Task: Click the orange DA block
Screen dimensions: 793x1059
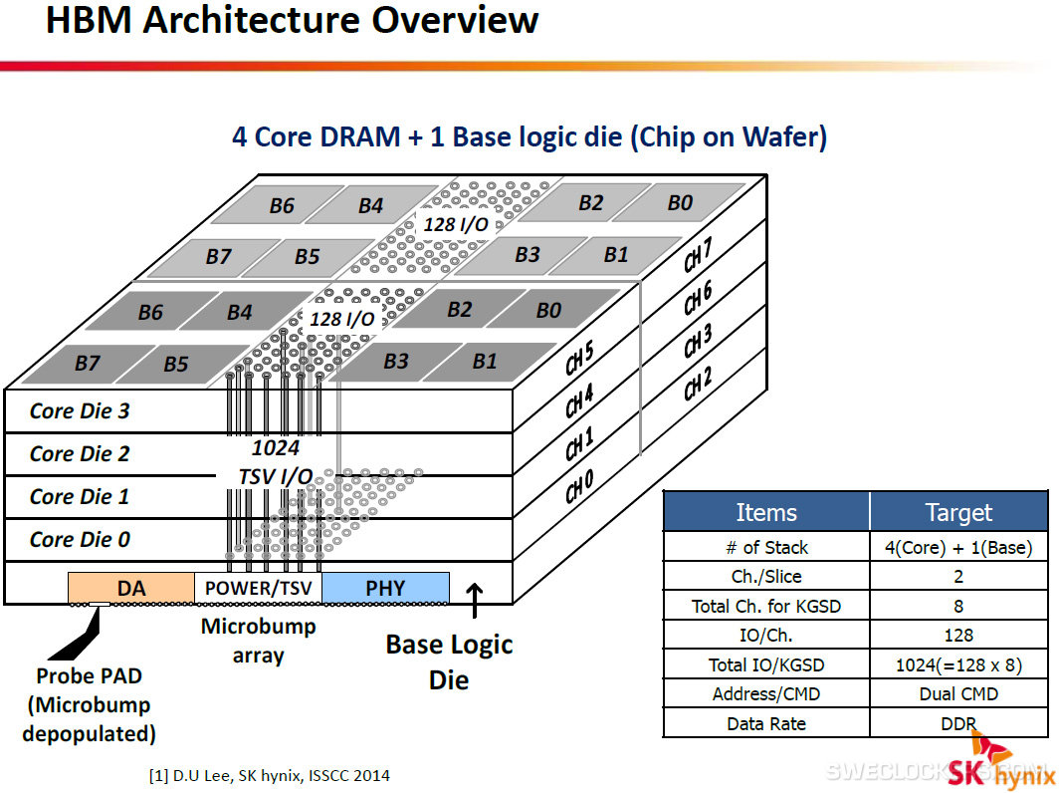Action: tap(131, 588)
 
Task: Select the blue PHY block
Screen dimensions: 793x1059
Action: tap(385, 588)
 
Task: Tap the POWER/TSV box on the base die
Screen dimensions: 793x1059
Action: tap(258, 588)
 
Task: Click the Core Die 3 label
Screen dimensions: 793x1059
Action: tap(80, 410)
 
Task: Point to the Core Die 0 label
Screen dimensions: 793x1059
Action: tap(80, 539)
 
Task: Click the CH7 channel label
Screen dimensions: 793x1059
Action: tap(698, 257)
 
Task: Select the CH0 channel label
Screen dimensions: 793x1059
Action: tap(580, 487)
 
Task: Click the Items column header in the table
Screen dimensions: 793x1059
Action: tap(765, 512)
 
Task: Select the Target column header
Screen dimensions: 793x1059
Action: tap(957, 512)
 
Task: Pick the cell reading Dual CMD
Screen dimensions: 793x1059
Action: tap(957, 694)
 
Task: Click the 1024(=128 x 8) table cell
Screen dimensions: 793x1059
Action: tap(957, 664)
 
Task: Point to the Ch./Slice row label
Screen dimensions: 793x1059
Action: tap(765, 576)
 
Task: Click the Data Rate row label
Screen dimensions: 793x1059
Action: tap(765, 723)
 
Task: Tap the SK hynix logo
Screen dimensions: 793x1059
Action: tap(999, 765)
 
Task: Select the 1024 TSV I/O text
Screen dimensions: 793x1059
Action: tap(275, 463)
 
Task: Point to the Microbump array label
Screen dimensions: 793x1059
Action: tap(258, 641)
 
